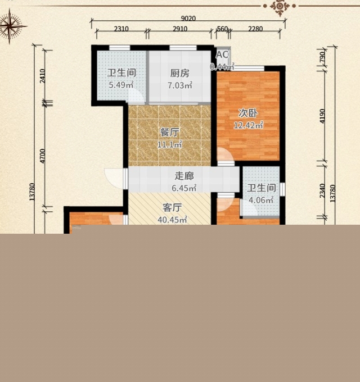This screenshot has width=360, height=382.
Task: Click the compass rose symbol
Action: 10,26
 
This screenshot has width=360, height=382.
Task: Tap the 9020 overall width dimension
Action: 188,19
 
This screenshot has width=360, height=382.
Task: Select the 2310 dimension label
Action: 121,29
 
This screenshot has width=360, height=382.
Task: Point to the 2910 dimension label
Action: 180,29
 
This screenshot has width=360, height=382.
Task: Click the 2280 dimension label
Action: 255,29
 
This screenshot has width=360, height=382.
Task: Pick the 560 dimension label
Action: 222,29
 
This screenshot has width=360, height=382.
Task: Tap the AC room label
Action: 222,55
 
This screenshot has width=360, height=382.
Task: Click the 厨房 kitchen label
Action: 180,73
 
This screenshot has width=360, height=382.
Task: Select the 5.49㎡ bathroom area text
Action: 121,85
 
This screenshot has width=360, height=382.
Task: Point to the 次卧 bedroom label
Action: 248,113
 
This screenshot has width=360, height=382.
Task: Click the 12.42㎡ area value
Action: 248,125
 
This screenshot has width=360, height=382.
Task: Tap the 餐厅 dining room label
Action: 169,133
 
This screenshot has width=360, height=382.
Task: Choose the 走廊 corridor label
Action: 184,176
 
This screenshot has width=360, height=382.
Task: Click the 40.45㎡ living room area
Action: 172,220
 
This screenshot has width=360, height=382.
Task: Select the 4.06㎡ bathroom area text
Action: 261,200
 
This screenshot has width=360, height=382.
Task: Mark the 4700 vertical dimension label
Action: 42,156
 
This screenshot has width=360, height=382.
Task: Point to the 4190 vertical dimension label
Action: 322,116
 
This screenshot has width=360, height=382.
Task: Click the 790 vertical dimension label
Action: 322,57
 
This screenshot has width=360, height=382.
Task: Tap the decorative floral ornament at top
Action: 280,7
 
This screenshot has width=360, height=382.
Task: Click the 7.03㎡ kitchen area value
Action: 180,85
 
